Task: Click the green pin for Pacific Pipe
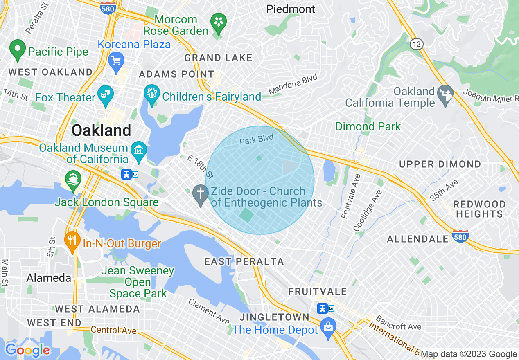coord(18,49)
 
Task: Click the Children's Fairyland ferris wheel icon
coord(152,95)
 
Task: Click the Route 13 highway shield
coord(416,44)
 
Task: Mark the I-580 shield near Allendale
coord(460,236)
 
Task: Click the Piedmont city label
coord(291,9)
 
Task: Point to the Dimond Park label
coord(368,126)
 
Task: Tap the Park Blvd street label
coord(257,140)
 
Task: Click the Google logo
coord(27,350)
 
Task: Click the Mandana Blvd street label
coord(293,85)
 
